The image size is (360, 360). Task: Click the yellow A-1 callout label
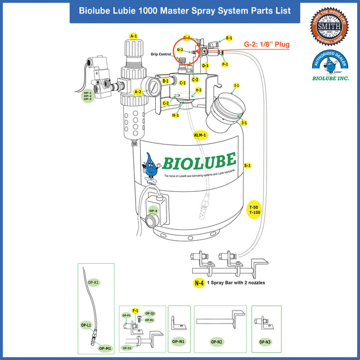pos(134,36)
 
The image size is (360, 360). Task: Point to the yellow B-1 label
pos(166,82)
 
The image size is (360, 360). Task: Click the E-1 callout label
pos(229,38)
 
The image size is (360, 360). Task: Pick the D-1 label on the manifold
pos(206,65)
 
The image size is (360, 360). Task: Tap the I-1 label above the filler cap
pos(237,85)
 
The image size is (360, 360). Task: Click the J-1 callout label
pos(244,122)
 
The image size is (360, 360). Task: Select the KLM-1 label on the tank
pos(200,135)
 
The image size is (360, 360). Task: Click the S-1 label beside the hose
pos(247,165)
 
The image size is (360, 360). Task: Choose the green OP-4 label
pos(153,211)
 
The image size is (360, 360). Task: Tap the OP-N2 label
pos(217,341)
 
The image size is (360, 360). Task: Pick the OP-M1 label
pos(105,348)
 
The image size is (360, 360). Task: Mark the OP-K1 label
pos(94,281)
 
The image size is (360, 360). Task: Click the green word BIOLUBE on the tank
pos(199,162)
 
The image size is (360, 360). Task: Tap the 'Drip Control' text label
pos(161,54)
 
